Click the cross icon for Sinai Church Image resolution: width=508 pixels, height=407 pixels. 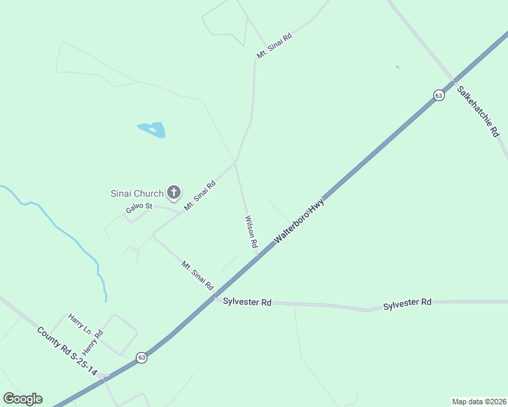coord(174,193)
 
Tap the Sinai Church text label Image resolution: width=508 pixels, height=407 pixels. coord(137,193)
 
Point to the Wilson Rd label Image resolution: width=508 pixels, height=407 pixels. coord(250,231)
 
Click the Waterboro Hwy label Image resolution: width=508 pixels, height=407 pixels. coord(300,221)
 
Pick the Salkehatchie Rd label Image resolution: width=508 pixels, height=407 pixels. coord(477,111)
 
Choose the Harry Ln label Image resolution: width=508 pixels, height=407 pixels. coord(79,324)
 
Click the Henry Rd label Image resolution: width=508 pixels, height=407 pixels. coord(92,343)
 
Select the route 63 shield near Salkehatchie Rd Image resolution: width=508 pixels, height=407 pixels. coord(439,96)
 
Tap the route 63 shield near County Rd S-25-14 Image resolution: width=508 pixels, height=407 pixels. coord(141,357)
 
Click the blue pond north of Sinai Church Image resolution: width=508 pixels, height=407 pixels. coord(152,130)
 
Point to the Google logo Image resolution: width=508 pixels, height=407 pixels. coord(22,399)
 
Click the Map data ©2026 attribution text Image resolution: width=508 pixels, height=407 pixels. coord(479,402)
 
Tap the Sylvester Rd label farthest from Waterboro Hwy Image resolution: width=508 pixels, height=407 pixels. coord(407,302)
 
